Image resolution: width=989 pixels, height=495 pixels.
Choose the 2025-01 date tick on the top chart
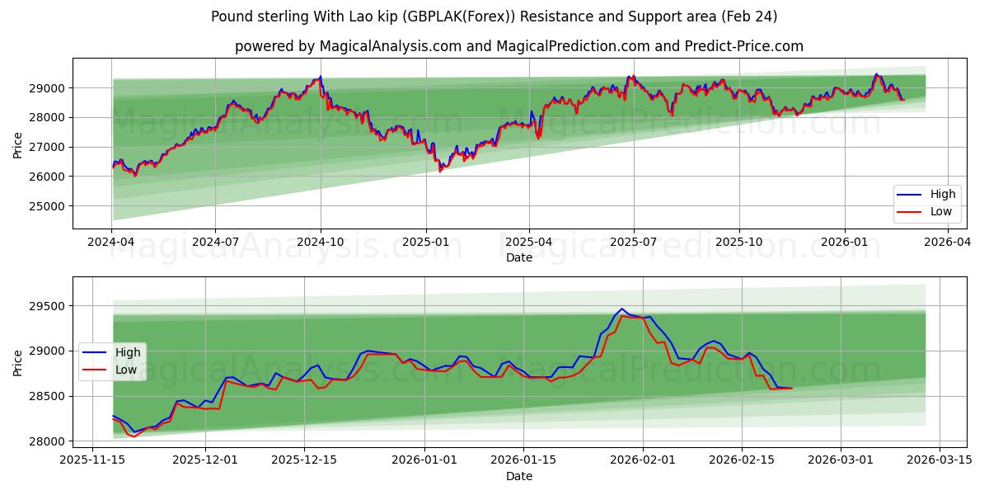pos(426,243)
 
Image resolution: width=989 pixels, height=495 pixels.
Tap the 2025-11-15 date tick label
pos(91,461)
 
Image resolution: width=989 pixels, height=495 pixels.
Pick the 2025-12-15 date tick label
pos(304,461)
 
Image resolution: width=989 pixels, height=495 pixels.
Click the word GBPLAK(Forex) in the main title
pos(445,16)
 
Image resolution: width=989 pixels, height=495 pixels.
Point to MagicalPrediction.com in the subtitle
pos(564,46)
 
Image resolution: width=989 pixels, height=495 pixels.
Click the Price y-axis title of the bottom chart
pos(18,362)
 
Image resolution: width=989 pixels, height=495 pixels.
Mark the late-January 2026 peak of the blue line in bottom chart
pos(622,309)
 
